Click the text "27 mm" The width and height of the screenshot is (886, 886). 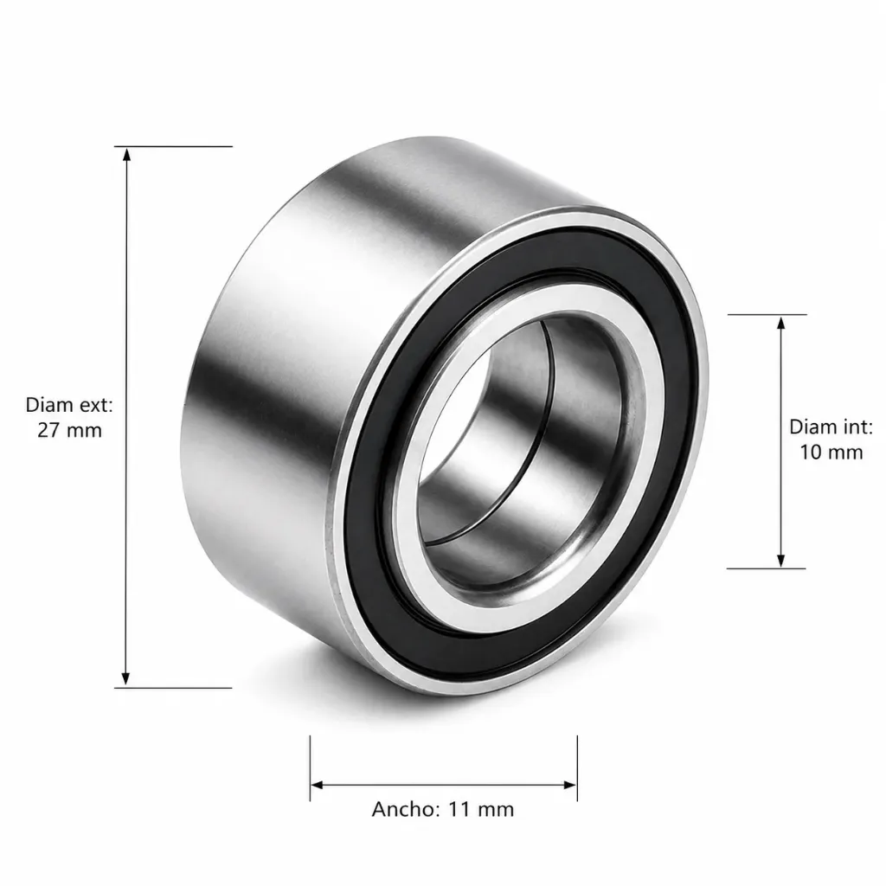[x=69, y=431]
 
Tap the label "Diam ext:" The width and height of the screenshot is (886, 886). [x=69, y=405]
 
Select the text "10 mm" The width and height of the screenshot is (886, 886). [x=831, y=452]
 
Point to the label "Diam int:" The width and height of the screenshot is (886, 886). [x=831, y=427]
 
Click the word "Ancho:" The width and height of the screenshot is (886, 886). [x=406, y=810]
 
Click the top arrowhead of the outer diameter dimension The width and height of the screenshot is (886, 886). [x=126, y=154]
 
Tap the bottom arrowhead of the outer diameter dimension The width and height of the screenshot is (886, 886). [x=126, y=679]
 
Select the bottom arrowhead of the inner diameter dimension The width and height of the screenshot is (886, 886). [x=781, y=561]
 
